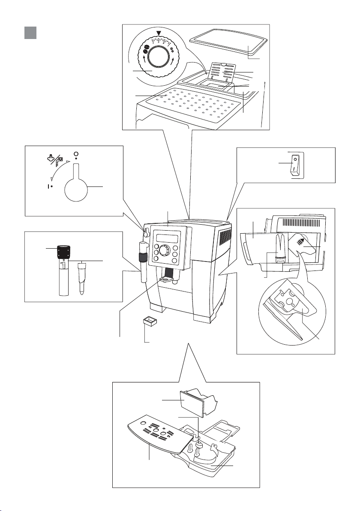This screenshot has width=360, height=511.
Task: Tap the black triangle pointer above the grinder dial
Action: point(159,34)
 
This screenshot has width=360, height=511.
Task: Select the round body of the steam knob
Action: point(75,187)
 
